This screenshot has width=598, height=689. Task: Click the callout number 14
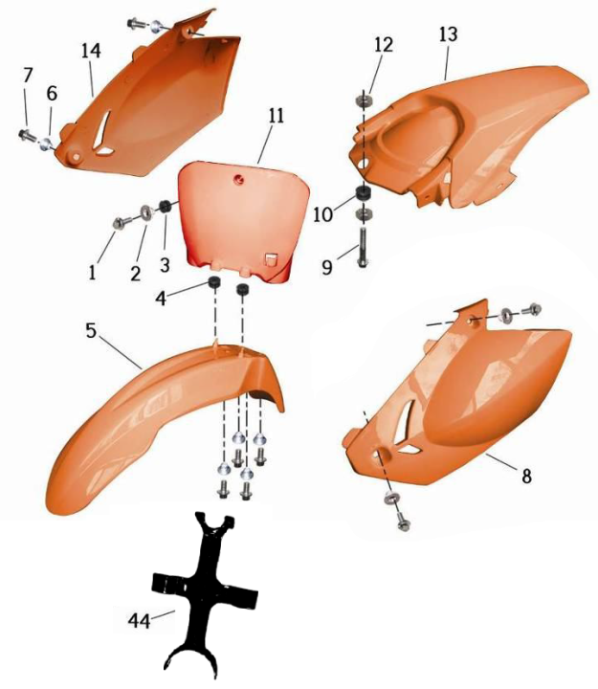(91, 51)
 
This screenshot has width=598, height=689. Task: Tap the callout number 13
(448, 33)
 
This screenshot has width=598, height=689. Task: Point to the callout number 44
(139, 620)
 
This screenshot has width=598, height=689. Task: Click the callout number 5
(91, 330)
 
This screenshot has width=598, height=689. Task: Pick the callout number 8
(526, 476)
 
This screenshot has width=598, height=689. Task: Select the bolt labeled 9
(363, 247)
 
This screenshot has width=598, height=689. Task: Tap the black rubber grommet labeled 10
(363, 193)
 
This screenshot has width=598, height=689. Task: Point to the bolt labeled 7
(26, 135)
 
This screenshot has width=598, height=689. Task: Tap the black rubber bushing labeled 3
(165, 205)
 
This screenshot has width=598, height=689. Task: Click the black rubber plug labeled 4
(214, 282)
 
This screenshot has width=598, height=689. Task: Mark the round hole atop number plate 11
(239, 178)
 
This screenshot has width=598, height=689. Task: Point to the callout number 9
(327, 267)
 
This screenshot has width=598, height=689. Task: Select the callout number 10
(323, 215)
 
